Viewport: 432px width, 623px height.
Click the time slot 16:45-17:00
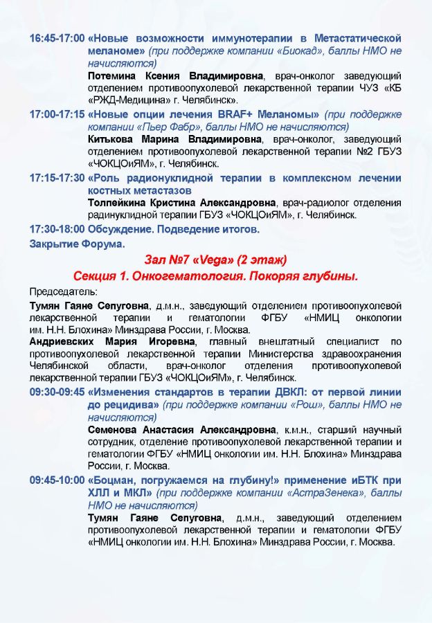[57, 38]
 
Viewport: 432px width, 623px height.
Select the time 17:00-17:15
[57, 114]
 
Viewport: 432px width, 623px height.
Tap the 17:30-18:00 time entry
[57, 228]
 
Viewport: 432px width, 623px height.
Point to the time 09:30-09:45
[57, 391]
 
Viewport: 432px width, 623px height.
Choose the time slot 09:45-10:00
[57, 480]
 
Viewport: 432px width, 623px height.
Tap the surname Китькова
[113, 139]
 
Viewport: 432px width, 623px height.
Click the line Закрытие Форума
[78, 244]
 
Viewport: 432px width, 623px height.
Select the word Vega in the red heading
[215, 260]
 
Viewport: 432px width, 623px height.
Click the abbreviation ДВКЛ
[278, 391]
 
